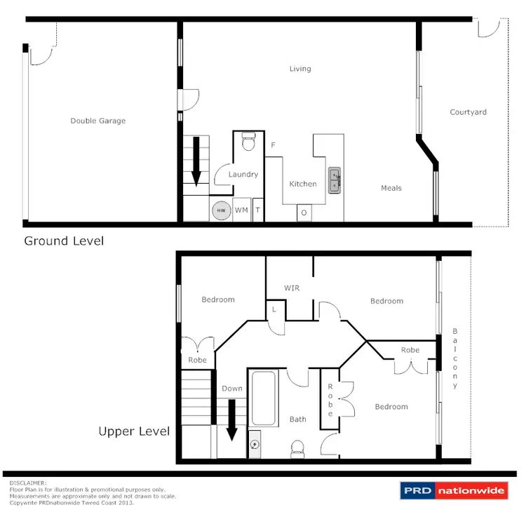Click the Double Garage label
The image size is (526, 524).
97,121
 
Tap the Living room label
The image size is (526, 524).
300,69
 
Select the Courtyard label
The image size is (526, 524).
468,112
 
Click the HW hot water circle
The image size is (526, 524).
221,210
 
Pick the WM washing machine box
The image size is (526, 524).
241,210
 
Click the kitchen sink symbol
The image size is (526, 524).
335,180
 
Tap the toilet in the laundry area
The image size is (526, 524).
248,144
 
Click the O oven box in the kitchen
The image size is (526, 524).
304,213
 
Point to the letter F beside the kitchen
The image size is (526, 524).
273,145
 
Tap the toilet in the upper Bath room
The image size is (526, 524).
297,447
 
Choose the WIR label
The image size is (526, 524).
292,288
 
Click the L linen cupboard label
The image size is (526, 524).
273,309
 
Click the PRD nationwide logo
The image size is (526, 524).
453,490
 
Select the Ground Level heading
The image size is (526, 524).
64,241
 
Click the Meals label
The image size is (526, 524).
391,188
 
